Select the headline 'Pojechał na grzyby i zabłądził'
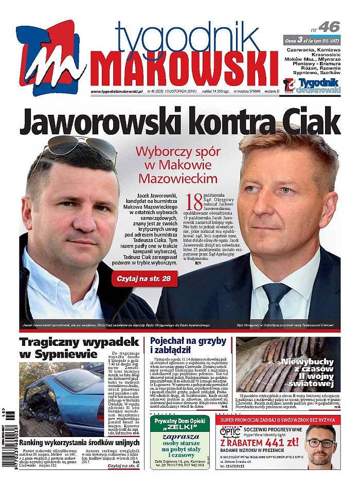[x=188, y=346]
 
